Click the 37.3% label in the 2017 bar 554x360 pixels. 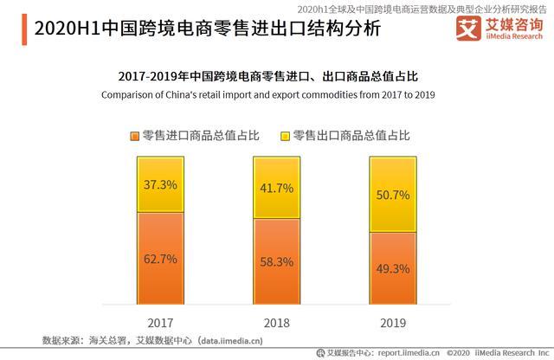[x=161, y=184]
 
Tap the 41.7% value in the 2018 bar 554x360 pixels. [x=277, y=188]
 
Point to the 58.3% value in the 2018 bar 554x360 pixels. [x=277, y=260]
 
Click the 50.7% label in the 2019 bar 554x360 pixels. [x=392, y=196]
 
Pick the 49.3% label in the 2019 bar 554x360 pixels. [x=392, y=268]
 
